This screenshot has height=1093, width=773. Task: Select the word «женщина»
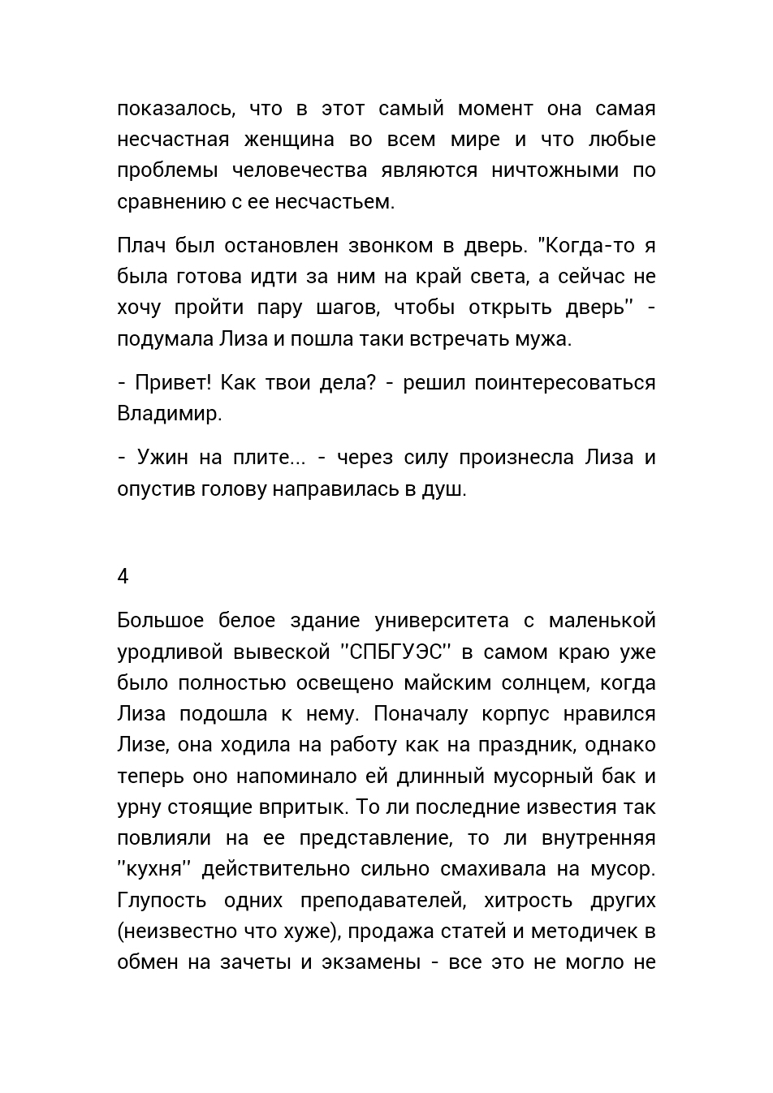(x=289, y=140)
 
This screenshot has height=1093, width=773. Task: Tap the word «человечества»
(x=299, y=170)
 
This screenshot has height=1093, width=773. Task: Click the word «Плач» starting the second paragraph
(x=141, y=246)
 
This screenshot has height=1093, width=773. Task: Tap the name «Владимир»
(x=169, y=414)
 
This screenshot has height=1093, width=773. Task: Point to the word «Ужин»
(x=162, y=458)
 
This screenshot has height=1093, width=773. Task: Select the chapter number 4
(x=123, y=577)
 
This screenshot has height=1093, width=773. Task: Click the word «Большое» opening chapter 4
(x=160, y=622)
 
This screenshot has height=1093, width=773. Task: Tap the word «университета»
(x=442, y=622)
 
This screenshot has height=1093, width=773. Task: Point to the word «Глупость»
(x=162, y=901)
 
